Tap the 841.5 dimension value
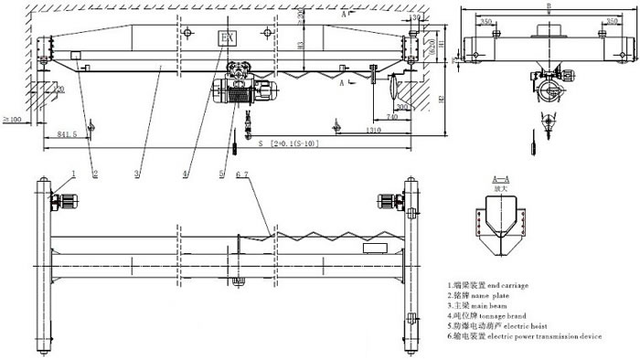point(66,135)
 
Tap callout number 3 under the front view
point(136,173)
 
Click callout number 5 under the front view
point(222,173)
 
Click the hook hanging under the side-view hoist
point(549,117)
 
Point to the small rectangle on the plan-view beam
point(375,248)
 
